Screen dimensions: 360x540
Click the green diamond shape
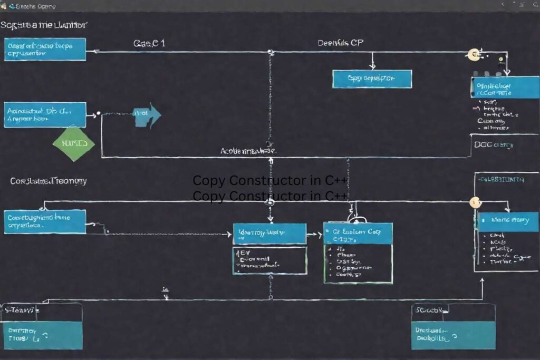click(x=74, y=143)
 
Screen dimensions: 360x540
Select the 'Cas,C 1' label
click(x=149, y=43)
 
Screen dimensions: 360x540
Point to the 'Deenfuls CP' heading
click(x=340, y=43)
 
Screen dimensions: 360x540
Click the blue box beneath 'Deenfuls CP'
click(x=372, y=79)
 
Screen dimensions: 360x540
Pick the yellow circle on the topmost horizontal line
click(x=474, y=53)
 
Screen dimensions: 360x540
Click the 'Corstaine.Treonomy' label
click(x=49, y=181)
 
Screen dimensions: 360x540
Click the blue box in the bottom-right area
click(x=453, y=335)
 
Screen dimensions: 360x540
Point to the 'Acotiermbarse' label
click(x=248, y=151)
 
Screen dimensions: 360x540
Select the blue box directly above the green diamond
click(x=45, y=114)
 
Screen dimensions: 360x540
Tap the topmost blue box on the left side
click(x=45, y=49)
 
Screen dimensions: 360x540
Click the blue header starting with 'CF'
click(x=358, y=233)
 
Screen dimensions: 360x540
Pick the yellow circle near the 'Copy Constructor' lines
click(x=475, y=202)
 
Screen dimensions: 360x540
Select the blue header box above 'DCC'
click(x=505, y=87)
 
